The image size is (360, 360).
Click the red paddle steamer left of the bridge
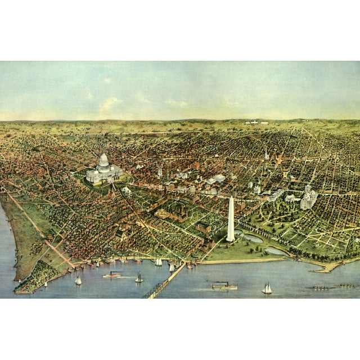112,275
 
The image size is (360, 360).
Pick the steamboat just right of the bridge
224,286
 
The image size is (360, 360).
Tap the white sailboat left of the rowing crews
267,289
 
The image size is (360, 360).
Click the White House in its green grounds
292,198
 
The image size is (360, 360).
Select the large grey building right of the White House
309,197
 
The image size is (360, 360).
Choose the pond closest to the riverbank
276,251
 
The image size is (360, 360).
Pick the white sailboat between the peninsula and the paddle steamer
78,280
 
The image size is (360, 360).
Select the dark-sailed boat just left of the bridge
138,278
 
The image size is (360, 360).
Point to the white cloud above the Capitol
110,103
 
